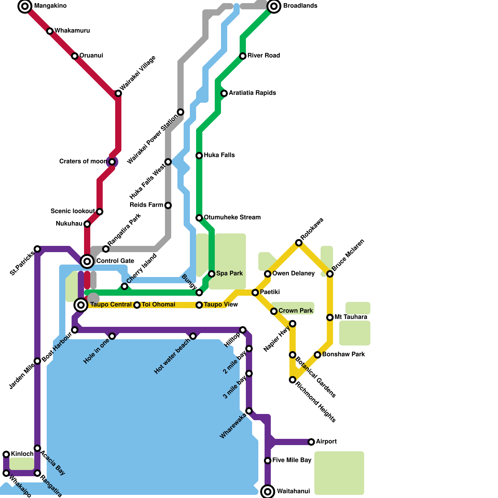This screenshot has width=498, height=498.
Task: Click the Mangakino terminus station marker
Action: (25, 6)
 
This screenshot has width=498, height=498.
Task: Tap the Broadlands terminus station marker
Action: (274, 6)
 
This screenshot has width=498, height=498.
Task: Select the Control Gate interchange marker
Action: (87, 261)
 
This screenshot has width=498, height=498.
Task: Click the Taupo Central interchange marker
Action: (81, 305)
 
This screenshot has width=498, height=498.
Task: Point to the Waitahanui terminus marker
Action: (268, 492)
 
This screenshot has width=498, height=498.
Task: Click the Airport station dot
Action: (311, 442)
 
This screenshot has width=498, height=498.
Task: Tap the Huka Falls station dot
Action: (199, 156)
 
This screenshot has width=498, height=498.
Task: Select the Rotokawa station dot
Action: (299, 243)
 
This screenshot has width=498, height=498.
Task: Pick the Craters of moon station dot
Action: (112, 162)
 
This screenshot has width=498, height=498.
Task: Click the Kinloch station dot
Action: (6, 454)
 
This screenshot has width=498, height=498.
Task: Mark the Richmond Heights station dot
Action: (293, 380)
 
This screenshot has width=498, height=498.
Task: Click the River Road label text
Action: (264, 56)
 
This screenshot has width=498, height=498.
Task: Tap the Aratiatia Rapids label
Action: (252, 93)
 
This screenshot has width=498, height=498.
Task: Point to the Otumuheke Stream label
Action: (232, 218)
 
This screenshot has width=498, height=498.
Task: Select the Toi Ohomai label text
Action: (158, 305)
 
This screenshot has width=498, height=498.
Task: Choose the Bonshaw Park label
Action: (343, 355)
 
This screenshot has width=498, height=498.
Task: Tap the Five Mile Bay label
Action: (292, 460)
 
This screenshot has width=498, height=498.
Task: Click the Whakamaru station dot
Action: (50, 31)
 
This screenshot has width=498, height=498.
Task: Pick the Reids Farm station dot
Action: (168, 205)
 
